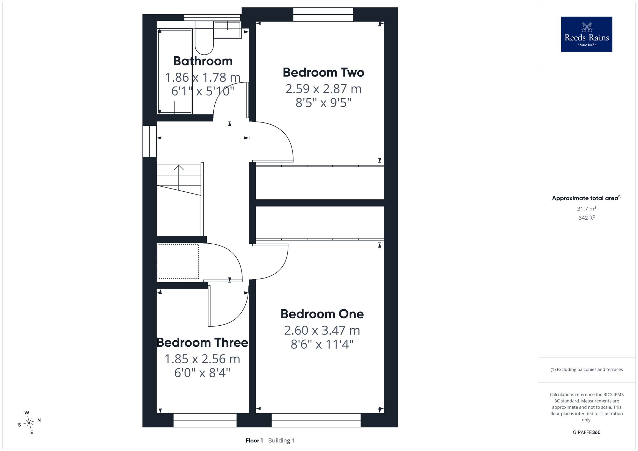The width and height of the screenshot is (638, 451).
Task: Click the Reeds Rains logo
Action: (x=587, y=34)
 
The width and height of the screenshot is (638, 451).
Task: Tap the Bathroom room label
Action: (x=203, y=61)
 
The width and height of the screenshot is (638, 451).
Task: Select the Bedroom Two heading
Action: (x=323, y=72)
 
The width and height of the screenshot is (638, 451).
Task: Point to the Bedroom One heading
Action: (x=322, y=314)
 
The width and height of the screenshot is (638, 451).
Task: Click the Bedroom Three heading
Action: (x=202, y=343)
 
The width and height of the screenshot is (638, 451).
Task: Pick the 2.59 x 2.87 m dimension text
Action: (x=323, y=89)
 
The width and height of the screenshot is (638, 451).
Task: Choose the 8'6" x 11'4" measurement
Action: (x=322, y=344)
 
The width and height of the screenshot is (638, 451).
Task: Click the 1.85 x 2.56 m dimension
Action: (x=202, y=359)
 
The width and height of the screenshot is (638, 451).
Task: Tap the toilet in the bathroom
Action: (x=204, y=37)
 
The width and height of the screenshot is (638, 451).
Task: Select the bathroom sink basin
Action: (x=227, y=30)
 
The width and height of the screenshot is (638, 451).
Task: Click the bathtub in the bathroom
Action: (x=175, y=71)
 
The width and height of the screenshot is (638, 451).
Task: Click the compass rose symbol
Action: (x=29, y=423)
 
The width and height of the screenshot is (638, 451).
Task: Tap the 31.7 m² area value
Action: (x=587, y=209)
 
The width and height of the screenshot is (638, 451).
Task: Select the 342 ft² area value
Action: (x=587, y=218)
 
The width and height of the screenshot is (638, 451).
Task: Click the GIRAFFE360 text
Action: (x=587, y=433)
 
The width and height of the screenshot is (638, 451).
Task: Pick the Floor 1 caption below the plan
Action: (x=254, y=440)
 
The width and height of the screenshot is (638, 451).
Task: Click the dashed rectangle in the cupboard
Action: (x=178, y=261)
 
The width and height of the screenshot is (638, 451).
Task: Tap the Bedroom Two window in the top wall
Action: (x=323, y=14)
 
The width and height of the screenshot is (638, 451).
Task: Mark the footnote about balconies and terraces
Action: (x=587, y=369)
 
